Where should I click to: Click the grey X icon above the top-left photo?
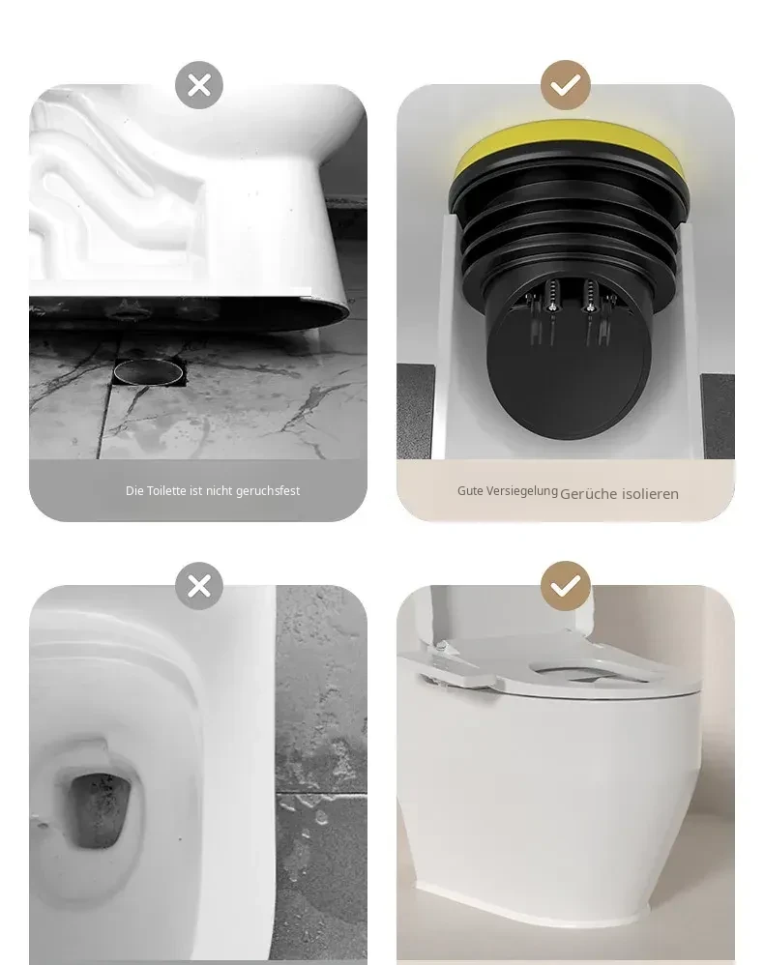tap(199, 85)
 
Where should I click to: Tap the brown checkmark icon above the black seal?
tap(566, 85)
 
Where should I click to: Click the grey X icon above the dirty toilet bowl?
tap(199, 586)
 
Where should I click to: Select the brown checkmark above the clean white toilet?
tap(566, 586)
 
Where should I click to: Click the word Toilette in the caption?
tap(166, 490)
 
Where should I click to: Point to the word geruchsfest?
tap(268, 491)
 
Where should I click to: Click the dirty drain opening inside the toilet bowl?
tap(100, 809)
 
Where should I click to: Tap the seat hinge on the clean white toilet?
tap(458, 666)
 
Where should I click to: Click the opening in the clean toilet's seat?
tap(582, 671)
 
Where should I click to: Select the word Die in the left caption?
tap(134, 490)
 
